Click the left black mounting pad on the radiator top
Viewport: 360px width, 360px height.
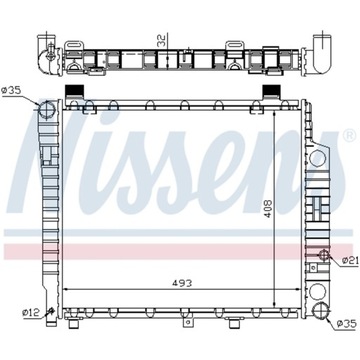coord(72,93)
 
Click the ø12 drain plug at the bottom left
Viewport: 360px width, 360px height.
coord(48,316)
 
